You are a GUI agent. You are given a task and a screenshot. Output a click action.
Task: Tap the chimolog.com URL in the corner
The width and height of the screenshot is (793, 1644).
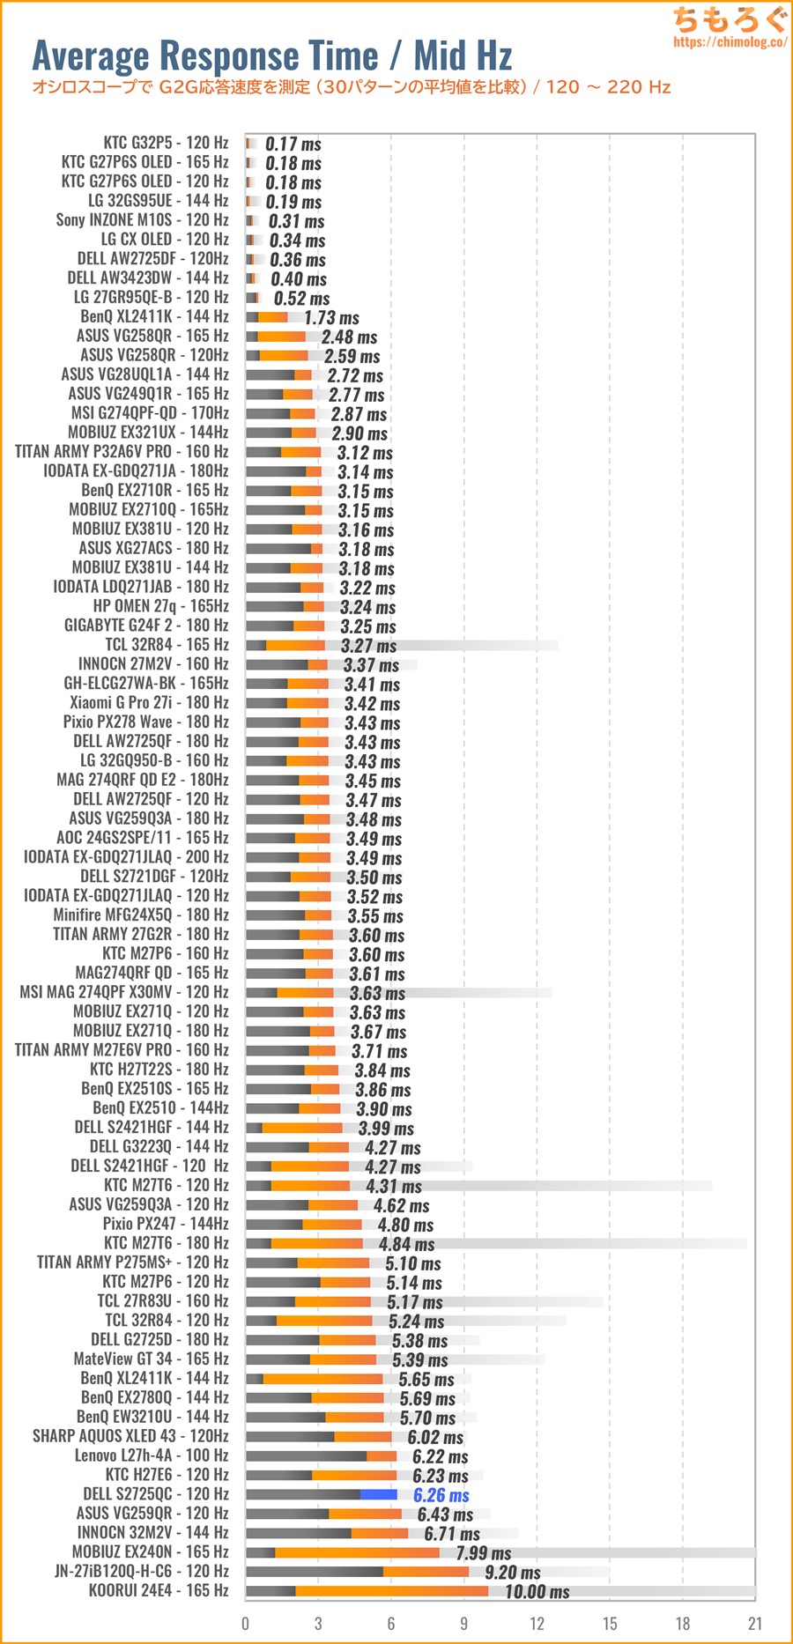pyautogui.click(x=730, y=41)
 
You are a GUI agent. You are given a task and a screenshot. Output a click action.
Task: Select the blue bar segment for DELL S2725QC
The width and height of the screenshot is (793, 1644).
pyautogui.click(x=378, y=1494)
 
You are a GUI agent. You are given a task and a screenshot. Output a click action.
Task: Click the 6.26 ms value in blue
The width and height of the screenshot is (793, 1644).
pyautogui.click(x=441, y=1495)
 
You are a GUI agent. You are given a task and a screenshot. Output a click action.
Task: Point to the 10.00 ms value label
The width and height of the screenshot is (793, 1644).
pyautogui.click(x=537, y=1592)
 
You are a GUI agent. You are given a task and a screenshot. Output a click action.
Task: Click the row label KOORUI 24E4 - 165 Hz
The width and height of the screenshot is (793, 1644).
pyautogui.click(x=159, y=1590)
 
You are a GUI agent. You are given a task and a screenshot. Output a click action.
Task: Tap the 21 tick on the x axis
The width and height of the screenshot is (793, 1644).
pyautogui.click(x=754, y=1623)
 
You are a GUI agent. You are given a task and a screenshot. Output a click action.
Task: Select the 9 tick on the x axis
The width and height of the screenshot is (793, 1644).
pyautogui.click(x=463, y=1623)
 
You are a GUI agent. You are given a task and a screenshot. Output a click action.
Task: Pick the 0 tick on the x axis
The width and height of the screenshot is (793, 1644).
pyautogui.click(x=245, y=1623)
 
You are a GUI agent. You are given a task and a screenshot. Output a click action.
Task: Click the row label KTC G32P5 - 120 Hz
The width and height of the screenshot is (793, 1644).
pyautogui.click(x=166, y=142)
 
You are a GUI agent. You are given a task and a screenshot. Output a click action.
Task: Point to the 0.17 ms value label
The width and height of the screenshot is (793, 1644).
pyautogui.click(x=293, y=144)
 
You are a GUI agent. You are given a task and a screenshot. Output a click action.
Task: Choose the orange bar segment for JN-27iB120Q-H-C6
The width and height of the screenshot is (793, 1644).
pyautogui.click(x=426, y=1571)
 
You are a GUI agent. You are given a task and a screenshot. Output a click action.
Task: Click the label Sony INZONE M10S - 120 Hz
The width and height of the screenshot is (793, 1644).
pyautogui.click(x=142, y=219)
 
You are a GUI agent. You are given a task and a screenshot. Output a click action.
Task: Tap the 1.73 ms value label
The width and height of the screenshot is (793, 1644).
pyautogui.click(x=331, y=318)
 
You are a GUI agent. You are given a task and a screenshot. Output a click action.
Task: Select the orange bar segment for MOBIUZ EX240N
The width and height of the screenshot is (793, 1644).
pyautogui.click(x=357, y=1551)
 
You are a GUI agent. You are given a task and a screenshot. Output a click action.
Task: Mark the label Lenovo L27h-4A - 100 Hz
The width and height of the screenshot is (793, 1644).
pyautogui.click(x=151, y=1455)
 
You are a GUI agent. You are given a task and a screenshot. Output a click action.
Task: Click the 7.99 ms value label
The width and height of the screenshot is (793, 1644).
pyautogui.click(x=483, y=1553)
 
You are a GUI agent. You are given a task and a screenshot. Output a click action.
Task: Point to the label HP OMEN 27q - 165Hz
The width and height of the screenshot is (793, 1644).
pyautogui.click(x=160, y=605)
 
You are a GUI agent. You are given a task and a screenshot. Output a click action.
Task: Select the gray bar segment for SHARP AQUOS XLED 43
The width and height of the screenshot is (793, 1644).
pyautogui.click(x=290, y=1436)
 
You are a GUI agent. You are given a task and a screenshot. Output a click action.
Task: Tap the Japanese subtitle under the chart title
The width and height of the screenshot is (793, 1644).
pyautogui.click(x=351, y=87)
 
